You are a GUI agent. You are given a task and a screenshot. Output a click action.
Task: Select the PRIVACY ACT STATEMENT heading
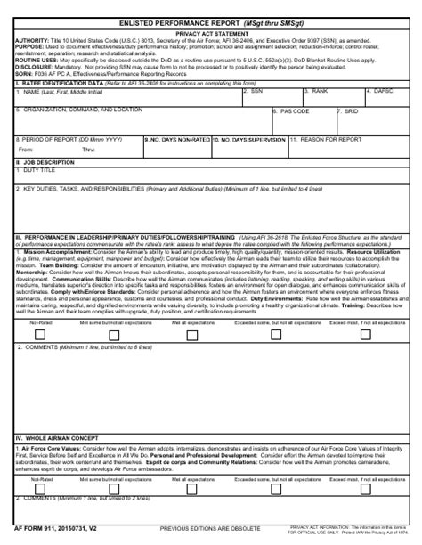click(x=211, y=32)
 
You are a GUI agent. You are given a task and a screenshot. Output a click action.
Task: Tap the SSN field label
click(x=257, y=91)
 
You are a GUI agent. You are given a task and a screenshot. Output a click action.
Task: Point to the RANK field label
click(x=320, y=91)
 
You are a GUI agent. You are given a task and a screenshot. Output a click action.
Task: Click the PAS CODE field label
click(x=293, y=111)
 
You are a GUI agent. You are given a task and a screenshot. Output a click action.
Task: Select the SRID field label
click(x=350, y=111)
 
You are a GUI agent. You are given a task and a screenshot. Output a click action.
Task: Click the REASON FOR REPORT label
click(x=327, y=140)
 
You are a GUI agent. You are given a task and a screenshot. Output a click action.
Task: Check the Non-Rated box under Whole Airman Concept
click(x=39, y=514)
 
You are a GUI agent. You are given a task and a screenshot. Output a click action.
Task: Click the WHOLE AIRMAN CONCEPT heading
click(x=61, y=464)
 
